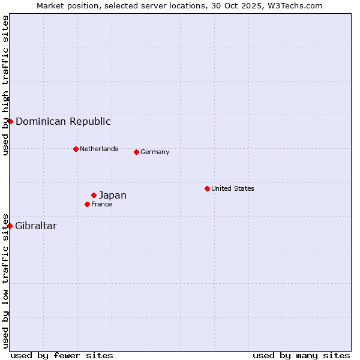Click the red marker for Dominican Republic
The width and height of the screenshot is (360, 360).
click(x=10, y=121)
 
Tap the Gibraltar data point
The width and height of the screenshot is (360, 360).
click(x=10, y=226)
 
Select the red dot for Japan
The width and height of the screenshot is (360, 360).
click(x=94, y=195)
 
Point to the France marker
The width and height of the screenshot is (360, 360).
click(x=87, y=204)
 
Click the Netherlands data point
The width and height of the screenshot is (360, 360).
click(x=76, y=149)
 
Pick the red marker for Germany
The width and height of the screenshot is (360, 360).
click(x=136, y=152)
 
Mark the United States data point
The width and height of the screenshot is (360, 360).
click(x=207, y=188)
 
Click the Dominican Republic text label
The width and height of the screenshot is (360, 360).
click(x=63, y=121)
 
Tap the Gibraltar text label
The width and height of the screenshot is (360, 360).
click(x=36, y=226)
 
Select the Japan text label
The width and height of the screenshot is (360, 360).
click(x=113, y=195)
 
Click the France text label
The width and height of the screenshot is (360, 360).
click(x=101, y=204)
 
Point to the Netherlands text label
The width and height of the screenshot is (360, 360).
click(x=99, y=149)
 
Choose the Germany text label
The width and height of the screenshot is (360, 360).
click(x=155, y=152)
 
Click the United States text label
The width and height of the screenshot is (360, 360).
click(x=233, y=188)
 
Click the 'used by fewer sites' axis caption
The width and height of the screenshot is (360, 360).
click(x=62, y=355)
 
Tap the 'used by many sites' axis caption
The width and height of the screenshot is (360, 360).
click(x=301, y=355)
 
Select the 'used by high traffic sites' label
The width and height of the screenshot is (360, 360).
click(x=5, y=85)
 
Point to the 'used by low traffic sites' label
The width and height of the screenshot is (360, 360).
click(x=5, y=281)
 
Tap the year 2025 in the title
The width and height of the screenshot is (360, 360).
click(x=252, y=5)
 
